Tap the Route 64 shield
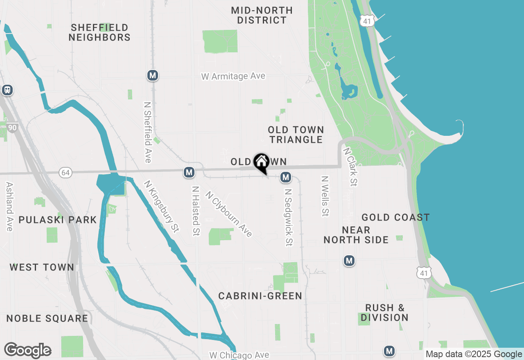tap(65, 172)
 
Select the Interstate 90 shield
tap(12, 128)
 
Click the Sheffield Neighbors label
tap(99, 32)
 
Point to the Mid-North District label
tap(262, 15)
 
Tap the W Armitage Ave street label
tap(233, 76)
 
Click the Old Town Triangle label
tap(296, 135)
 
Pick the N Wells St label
tap(325, 196)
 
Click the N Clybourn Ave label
tap(229, 214)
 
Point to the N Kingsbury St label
tap(162, 207)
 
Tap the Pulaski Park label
tap(58, 220)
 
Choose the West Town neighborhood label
tap(42, 268)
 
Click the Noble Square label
tap(47, 318)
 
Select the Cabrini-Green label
tap(260, 296)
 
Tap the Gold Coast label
tap(395, 217)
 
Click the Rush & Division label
tap(384, 313)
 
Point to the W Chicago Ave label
tap(239, 355)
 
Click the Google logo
tap(27, 350)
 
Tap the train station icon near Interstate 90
tap(7, 90)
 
